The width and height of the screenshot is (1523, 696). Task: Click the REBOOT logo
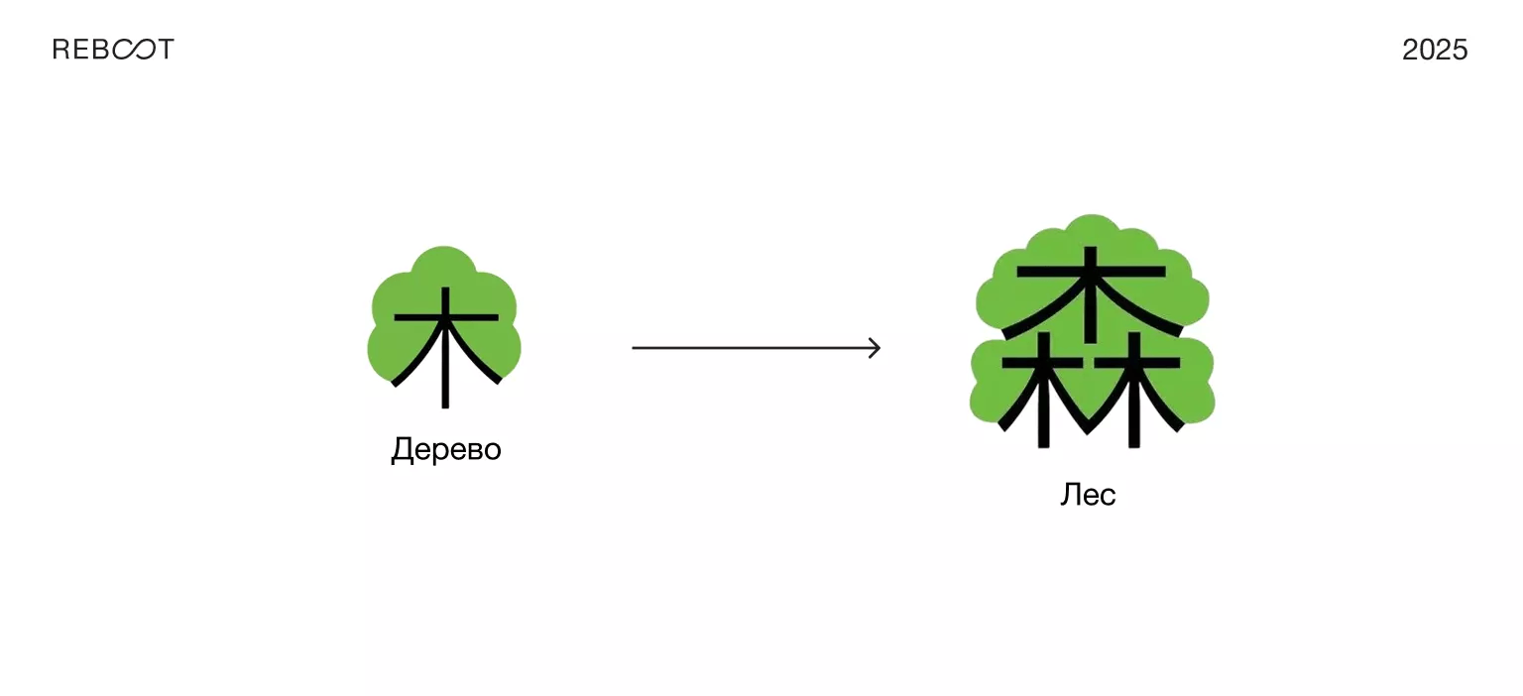[113, 50]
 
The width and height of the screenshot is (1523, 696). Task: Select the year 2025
[1435, 50]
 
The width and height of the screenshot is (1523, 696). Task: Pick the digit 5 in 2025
[1460, 50]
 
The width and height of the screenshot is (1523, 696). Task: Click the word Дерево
[446, 449]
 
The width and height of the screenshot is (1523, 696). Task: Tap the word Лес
[1088, 494]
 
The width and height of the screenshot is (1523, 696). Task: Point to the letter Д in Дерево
[401, 450]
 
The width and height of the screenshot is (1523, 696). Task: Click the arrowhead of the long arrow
[875, 348]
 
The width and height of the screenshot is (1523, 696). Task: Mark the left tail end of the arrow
[635, 348]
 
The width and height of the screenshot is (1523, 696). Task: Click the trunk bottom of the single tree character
[446, 402]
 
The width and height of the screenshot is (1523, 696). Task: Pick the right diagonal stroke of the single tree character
[480, 362]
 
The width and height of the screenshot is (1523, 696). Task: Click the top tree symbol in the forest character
[1091, 288]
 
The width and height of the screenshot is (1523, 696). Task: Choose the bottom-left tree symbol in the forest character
[1042, 392]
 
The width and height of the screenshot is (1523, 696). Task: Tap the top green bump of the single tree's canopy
[445, 261]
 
